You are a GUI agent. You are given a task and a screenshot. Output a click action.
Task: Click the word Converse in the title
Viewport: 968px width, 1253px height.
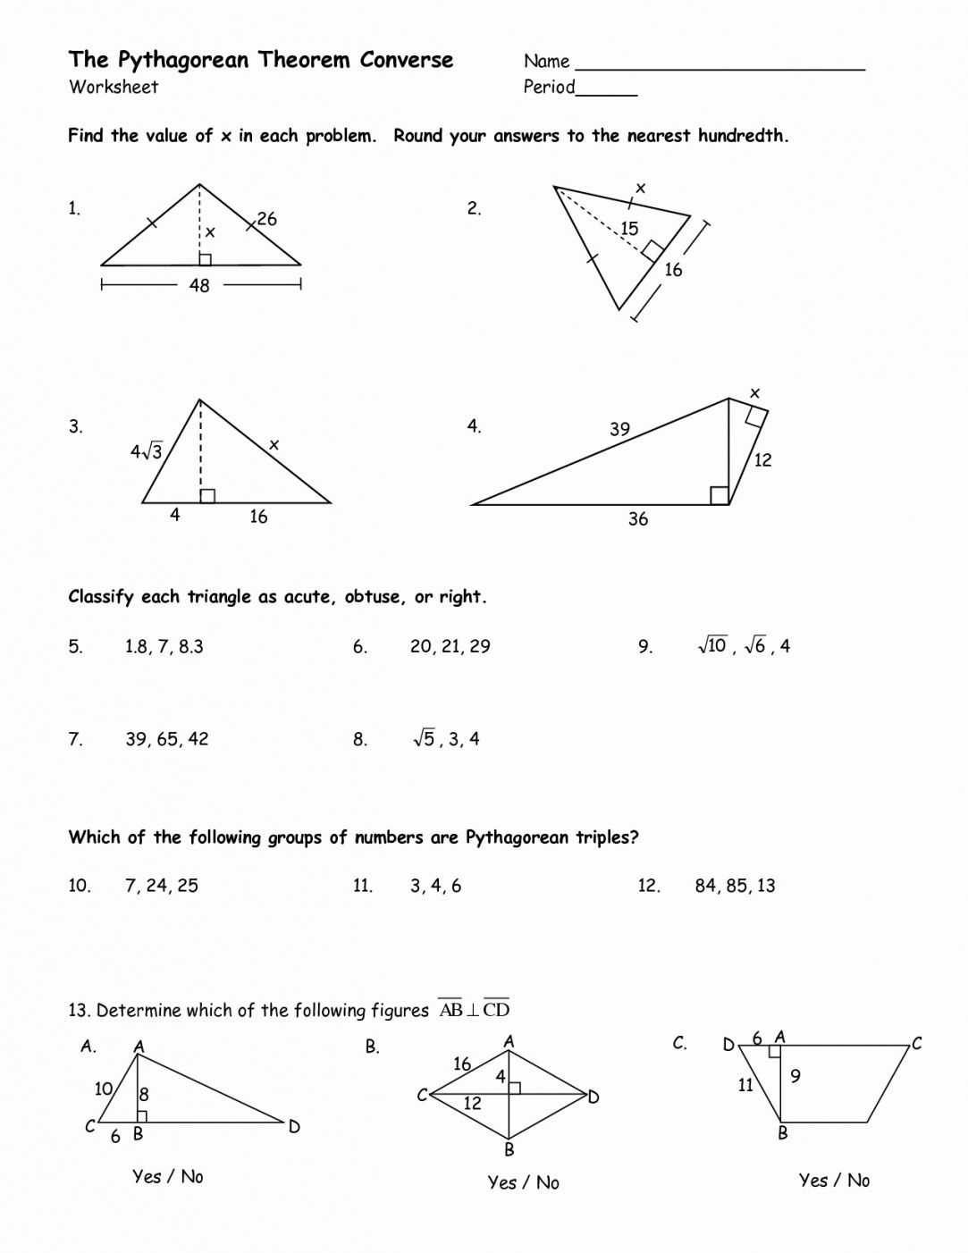pos(407,60)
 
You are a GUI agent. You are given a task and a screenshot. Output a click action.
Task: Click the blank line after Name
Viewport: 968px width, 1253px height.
pos(720,68)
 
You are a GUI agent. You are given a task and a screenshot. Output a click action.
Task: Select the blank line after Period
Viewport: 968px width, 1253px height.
pos(607,93)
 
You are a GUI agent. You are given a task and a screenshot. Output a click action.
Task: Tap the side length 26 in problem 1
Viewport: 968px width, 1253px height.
pos(266,219)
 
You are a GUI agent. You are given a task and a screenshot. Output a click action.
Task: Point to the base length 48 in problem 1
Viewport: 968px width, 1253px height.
pos(199,285)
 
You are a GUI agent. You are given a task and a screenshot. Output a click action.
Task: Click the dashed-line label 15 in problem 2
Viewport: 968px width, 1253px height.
pos(629,229)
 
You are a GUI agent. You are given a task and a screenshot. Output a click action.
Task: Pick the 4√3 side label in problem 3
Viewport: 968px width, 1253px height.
pos(147,451)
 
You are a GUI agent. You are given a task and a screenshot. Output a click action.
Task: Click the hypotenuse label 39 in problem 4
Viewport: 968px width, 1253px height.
pos(619,429)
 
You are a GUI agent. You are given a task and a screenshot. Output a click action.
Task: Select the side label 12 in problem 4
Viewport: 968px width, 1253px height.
pos(762,460)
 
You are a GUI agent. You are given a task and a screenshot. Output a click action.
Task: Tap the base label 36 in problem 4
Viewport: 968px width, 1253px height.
pos(637,519)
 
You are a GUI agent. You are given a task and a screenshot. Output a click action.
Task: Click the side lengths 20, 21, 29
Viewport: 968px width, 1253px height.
pos(450,646)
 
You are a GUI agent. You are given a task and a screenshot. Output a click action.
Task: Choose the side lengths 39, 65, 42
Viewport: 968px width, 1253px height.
pos(166,739)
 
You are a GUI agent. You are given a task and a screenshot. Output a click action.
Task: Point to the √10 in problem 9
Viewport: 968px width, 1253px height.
pos(712,645)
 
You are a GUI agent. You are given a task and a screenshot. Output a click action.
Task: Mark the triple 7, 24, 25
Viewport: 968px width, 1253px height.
pos(162,886)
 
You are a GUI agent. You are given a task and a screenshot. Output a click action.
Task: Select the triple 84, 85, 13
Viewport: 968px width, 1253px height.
pos(735,886)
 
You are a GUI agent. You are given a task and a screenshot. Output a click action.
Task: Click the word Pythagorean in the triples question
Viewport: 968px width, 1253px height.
pos(516,837)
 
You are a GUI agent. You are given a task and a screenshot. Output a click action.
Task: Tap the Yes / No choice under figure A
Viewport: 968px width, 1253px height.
pos(168,1176)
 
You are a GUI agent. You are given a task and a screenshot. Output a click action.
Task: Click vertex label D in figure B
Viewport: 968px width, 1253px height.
pos(594,1097)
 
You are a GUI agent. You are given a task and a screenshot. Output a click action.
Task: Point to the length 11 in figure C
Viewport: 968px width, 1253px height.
pos(745,1086)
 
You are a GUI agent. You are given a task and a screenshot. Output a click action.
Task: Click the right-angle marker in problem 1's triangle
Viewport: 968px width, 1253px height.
pos(205,259)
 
